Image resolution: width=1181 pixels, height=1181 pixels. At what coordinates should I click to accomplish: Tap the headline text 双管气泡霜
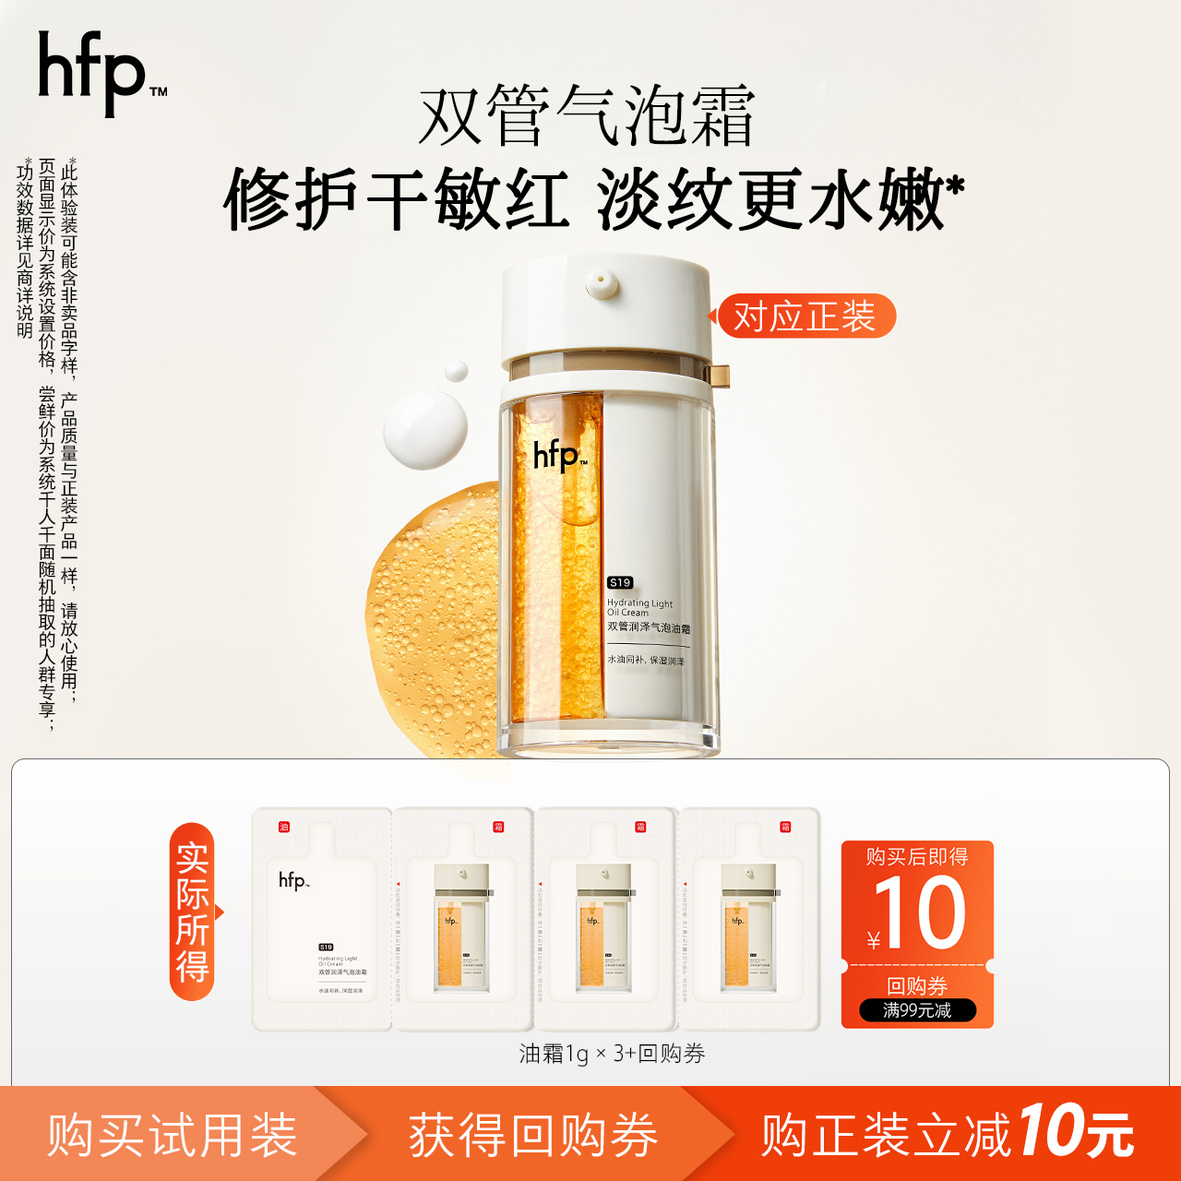587,116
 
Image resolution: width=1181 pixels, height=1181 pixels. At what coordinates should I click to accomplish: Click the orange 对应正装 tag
805,316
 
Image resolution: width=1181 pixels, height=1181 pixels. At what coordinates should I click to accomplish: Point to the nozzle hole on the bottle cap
602,278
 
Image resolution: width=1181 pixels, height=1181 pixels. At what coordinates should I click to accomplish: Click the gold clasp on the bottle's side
717,376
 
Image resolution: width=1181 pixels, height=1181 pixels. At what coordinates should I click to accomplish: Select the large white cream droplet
425,430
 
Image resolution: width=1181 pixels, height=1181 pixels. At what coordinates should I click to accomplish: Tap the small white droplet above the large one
456,371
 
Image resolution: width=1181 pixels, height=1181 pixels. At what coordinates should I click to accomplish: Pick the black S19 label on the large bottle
620,582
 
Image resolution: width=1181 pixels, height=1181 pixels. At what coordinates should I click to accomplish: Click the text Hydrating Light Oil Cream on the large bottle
639,607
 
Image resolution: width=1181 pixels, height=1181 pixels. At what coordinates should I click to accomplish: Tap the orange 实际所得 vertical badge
193,912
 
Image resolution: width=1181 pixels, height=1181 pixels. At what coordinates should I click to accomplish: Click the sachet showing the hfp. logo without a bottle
322,918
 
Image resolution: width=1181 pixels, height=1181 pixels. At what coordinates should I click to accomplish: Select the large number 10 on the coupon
919,913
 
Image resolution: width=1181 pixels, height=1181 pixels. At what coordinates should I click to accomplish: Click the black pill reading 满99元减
917,1010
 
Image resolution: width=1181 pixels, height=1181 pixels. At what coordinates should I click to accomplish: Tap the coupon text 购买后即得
917,857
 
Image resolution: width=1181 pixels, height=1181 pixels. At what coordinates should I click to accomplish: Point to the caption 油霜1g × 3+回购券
612,1054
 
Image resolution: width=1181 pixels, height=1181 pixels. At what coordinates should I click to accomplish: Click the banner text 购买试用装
173,1135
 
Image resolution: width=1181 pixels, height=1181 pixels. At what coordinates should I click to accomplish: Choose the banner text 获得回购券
533,1135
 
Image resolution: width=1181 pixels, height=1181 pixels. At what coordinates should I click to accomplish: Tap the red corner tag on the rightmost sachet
785,827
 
